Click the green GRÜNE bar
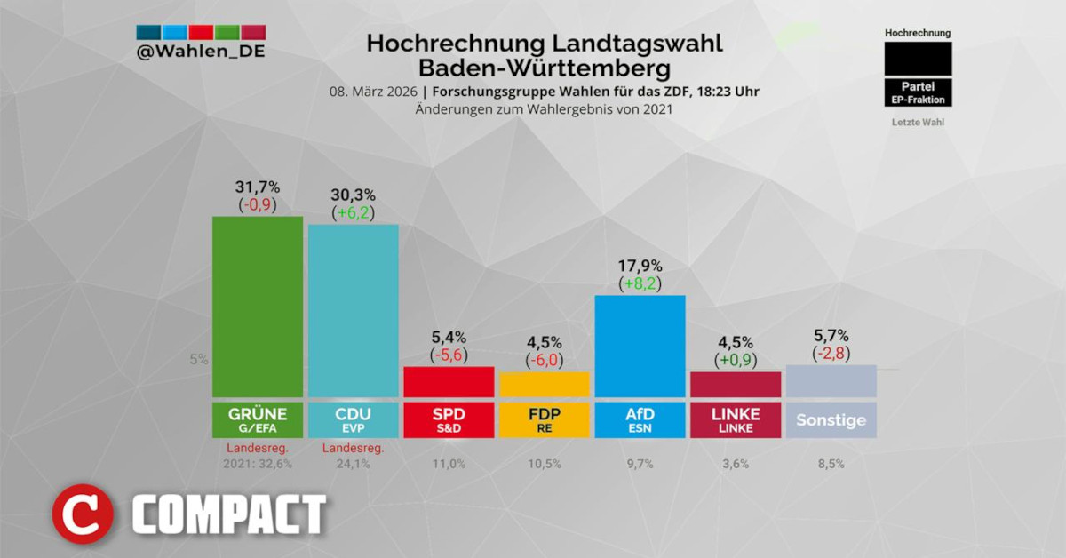(x=257, y=307)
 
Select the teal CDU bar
(x=353, y=311)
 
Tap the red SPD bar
(x=449, y=382)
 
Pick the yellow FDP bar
(x=545, y=385)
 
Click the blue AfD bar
(x=640, y=347)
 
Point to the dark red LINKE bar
(x=736, y=385)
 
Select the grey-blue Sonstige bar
(x=831, y=381)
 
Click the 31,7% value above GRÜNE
(x=257, y=187)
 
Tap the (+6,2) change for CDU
(x=353, y=212)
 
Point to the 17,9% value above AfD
(x=640, y=266)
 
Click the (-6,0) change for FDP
(x=545, y=360)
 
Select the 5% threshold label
(x=197, y=360)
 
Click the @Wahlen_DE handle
(x=201, y=52)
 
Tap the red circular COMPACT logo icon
(x=83, y=514)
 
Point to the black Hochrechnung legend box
(x=918, y=59)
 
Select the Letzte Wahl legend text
(x=918, y=122)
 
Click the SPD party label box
(x=449, y=420)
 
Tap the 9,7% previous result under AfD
(x=640, y=463)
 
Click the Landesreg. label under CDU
(x=353, y=448)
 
